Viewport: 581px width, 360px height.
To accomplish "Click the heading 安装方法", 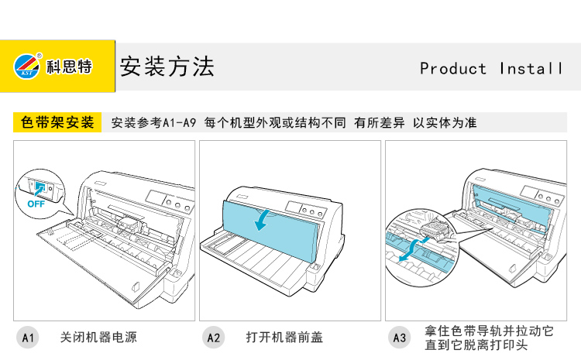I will tap(166, 67).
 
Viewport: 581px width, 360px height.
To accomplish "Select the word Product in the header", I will tap(453, 69).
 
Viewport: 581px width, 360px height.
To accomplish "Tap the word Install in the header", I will tap(531, 69).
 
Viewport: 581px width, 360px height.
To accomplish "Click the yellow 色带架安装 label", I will tap(57, 122).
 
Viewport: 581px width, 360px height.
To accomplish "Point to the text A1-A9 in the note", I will tap(180, 123).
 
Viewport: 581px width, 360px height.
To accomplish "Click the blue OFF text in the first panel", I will tap(36, 204).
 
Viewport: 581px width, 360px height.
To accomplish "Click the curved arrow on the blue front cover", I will tap(265, 220).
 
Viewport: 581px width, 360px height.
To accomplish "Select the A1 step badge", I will tap(28, 338).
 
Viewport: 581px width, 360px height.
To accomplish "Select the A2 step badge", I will tap(213, 338).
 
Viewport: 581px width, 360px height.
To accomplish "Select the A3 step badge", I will tap(399, 338).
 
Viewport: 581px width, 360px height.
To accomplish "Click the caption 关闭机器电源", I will tap(98, 338).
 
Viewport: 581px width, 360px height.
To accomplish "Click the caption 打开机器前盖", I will tap(284, 338).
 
